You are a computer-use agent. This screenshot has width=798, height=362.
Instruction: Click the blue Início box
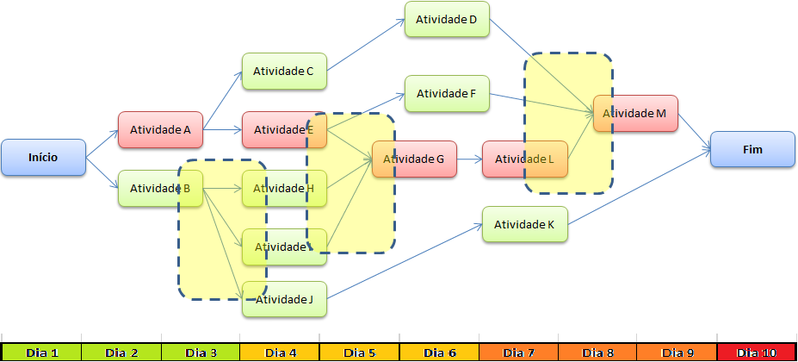(x=43, y=158)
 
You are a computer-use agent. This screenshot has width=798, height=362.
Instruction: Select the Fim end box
(x=752, y=149)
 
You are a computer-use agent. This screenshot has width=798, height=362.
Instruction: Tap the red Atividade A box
(x=160, y=129)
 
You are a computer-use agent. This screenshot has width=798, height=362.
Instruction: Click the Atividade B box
(x=160, y=188)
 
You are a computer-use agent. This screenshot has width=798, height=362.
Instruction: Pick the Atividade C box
(x=284, y=72)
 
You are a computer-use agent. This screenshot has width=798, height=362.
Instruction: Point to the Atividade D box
(x=447, y=19)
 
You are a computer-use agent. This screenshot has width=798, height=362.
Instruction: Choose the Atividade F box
(x=447, y=94)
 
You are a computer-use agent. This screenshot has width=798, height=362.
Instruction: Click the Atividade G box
(x=414, y=159)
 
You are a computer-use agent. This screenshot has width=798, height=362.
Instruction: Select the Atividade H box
(x=284, y=188)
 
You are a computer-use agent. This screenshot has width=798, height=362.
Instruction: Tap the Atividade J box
(x=284, y=299)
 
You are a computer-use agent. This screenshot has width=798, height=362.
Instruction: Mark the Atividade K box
(x=524, y=224)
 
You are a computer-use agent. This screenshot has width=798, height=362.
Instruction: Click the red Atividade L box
(x=524, y=159)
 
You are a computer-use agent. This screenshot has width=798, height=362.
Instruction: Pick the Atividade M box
(x=635, y=113)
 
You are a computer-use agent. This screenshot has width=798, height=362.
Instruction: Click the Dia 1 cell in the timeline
(x=41, y=353)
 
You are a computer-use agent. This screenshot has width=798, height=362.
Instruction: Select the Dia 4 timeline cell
(x=280, y=353)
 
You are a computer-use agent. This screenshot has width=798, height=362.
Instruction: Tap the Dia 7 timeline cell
(x=518, y=353)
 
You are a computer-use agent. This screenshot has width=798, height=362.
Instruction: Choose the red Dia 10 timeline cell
(x=757, y=353)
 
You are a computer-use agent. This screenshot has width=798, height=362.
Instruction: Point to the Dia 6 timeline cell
(x=439, y=353)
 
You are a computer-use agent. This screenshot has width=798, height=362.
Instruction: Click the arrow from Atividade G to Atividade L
(x=469, y=159)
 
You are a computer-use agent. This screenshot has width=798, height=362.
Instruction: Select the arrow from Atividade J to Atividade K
(x=405, y=261)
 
